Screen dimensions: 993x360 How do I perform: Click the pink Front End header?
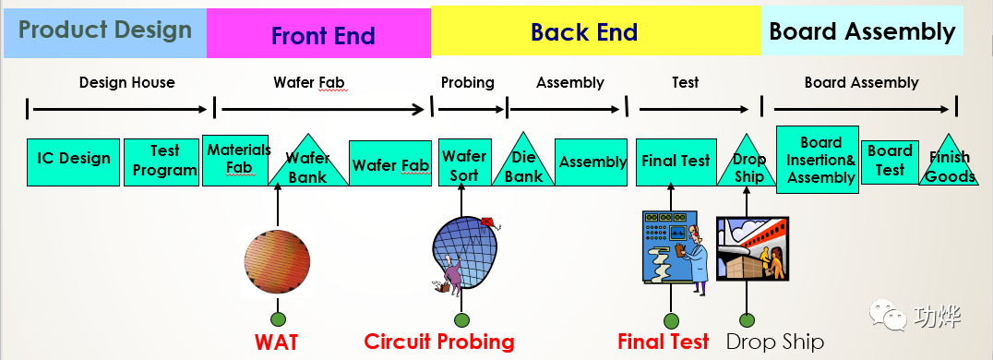click(x=318, y=33)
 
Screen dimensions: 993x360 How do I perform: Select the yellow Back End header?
click(x=596, y=31)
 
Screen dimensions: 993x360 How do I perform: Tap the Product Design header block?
click(x=105, y=31)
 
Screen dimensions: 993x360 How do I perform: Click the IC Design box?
click(x=73, y=162)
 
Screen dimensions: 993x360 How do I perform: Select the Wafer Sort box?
click(x=464, y=162)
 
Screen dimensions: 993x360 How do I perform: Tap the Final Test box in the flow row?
click(x=676, y=162)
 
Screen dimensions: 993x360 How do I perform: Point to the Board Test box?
click(x=890, y=162)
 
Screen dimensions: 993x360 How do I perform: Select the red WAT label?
click(x=276, y=342)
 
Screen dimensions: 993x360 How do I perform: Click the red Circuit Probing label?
click(x=439, y=342)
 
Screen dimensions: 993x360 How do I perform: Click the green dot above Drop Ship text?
click(x=747, y=320)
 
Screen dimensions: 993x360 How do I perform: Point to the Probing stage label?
click(x=467, y=82)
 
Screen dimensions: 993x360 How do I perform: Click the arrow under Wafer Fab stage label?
click(x=323, y=110)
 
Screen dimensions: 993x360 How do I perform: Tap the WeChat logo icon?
click(x=887, y=315)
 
